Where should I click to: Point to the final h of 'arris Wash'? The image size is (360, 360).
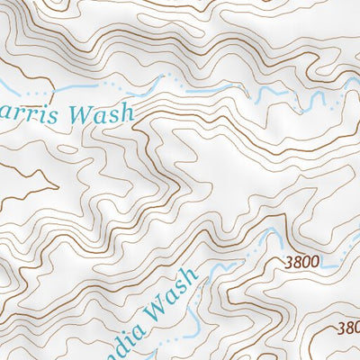(126, 112)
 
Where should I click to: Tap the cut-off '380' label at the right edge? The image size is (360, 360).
(348, 328)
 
